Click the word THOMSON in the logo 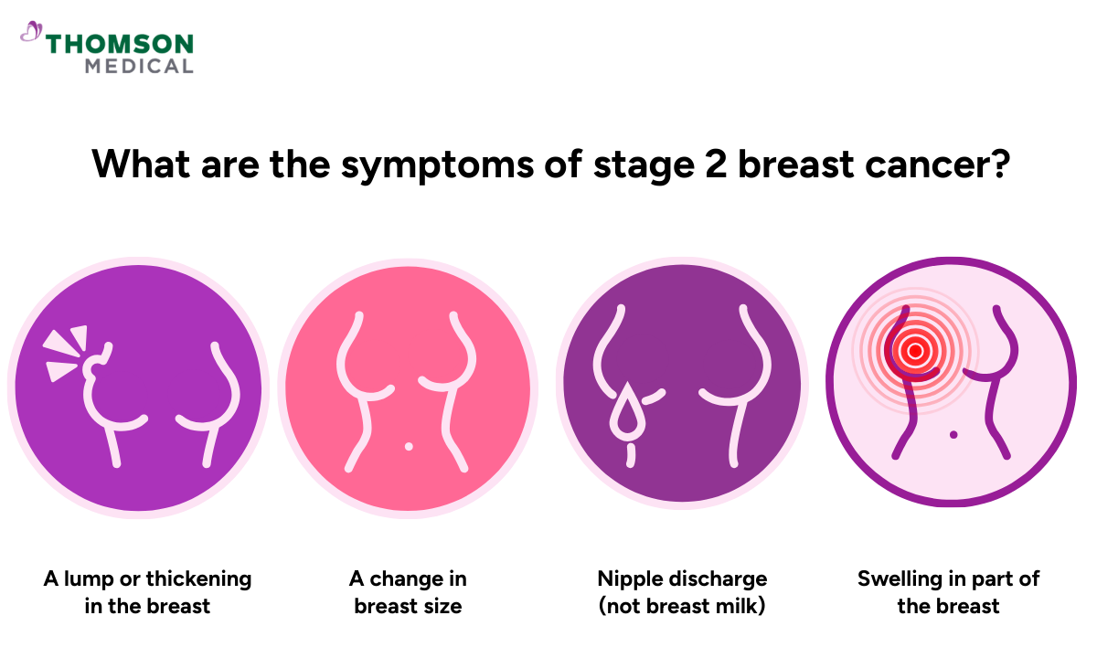(x=120, y=43)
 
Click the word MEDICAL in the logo (x=139, y=66)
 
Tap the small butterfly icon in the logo (x=32, y=33)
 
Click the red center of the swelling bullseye (x=914, y=349)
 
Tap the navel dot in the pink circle (x=408, y=446)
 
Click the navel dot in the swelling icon (x=953, y=434)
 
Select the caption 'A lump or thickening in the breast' (x=147, y=591)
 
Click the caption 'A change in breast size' (x=408, y=591)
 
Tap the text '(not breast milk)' (x=682, y=605)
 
